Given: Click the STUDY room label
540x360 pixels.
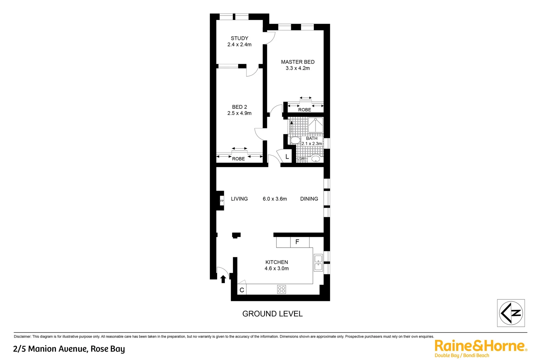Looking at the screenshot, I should [x=239, y=38].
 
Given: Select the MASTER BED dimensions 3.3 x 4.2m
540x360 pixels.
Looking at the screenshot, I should [x=297, y=68].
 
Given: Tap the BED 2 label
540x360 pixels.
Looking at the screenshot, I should [x=239, y=107].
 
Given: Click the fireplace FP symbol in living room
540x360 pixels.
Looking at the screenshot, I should [x=222, y=201].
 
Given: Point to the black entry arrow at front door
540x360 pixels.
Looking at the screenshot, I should [x=223, y=279].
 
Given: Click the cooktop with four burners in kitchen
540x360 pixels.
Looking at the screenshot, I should [x=281, y=289].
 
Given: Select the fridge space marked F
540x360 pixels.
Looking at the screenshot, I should [x=297, y=242].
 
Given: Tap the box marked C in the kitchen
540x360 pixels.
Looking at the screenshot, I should [x=242, y=290].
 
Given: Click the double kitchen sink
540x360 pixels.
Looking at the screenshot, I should [x=318, y=262].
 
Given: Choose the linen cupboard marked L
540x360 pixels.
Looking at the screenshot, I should [x=287, y=157].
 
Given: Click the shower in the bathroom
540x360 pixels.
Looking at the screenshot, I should [x=315, y=125].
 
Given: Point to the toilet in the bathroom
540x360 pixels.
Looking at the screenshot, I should [x=294, y=140].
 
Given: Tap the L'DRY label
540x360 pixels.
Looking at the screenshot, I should [x=302, y=159].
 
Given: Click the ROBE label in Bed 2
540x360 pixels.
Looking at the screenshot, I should [x=238, y=159].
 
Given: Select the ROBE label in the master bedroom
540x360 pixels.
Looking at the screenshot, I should [x=304, y=110].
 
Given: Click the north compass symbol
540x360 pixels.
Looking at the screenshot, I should [x=511, y=313].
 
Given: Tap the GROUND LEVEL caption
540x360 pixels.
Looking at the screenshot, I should [x=272, y=314].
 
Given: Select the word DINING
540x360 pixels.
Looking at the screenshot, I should [x=309, y=199].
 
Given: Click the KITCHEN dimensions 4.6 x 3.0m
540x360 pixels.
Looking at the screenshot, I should [x=276, y=268].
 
